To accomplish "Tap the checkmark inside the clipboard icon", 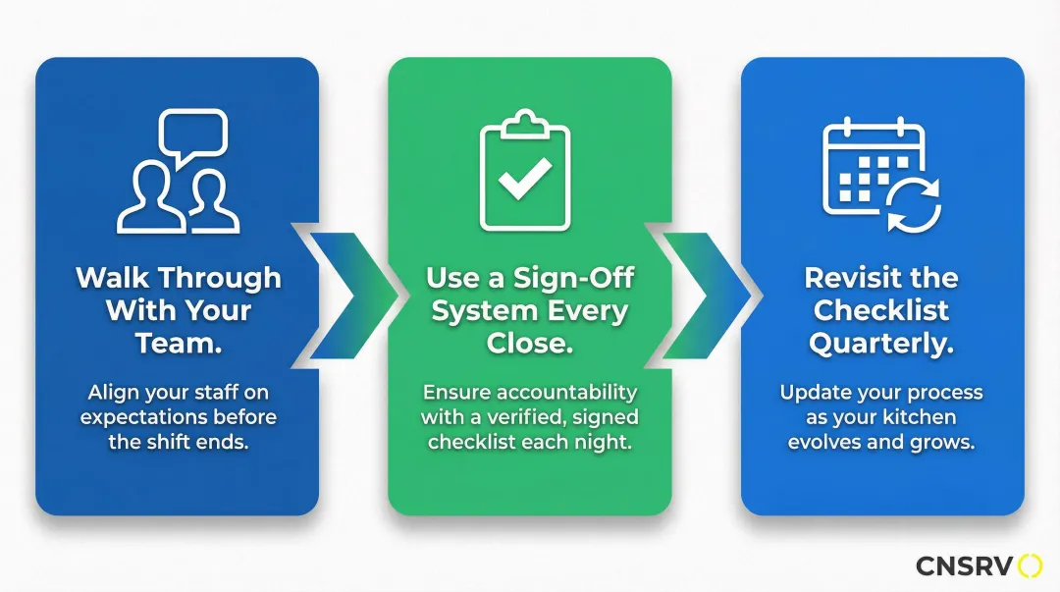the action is coord(524,179).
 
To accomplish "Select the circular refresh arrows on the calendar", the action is coord(914,205).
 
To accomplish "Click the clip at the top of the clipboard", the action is coord(524,124).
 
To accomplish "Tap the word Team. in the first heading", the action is coord(179,343).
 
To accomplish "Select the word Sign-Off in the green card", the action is coord(573,278).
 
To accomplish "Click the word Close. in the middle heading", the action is coord(530,343).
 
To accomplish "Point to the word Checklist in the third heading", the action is coord(880,310).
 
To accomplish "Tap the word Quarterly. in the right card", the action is coord(881,344).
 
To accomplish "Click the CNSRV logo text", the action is coord(965,565).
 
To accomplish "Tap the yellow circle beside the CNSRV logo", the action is coord(1031,565).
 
